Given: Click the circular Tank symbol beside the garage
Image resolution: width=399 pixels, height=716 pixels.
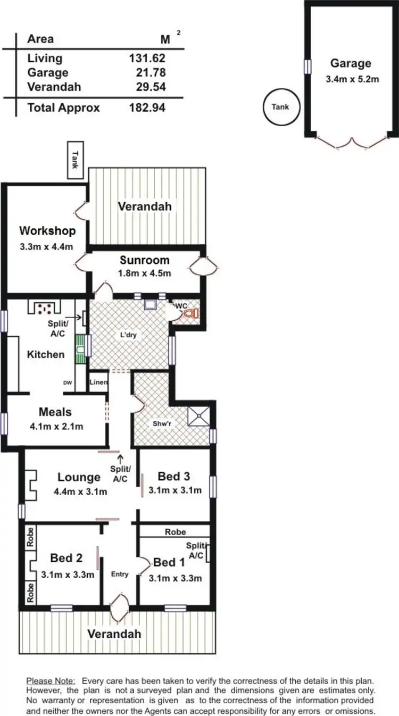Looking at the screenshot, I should [281, 107].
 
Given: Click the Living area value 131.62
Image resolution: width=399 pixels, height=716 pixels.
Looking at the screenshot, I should [147, 58].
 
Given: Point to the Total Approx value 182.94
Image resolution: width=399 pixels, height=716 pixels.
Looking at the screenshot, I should [147, 107].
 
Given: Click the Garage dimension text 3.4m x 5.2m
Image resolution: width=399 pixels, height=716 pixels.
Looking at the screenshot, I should [351, 80].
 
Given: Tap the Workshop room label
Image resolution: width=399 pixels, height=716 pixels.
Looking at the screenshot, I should [47, 231].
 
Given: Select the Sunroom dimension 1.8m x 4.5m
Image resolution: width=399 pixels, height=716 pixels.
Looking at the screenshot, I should [145, 273].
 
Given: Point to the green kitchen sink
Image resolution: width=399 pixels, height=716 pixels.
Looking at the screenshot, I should [79, 348].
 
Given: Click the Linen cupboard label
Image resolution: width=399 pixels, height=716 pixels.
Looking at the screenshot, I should [98, 382].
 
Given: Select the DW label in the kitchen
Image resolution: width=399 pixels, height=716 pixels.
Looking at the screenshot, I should [68, 382].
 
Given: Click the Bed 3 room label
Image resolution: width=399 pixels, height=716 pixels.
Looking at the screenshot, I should [175, 476].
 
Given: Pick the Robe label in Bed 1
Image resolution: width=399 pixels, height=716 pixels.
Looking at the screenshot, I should [175, 531].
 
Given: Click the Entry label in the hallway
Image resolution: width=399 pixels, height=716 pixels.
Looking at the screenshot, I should [120, 574].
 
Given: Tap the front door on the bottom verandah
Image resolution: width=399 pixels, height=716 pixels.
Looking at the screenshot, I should [120, 607].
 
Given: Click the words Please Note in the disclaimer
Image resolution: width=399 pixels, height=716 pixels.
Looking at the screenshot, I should [51, 681].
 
